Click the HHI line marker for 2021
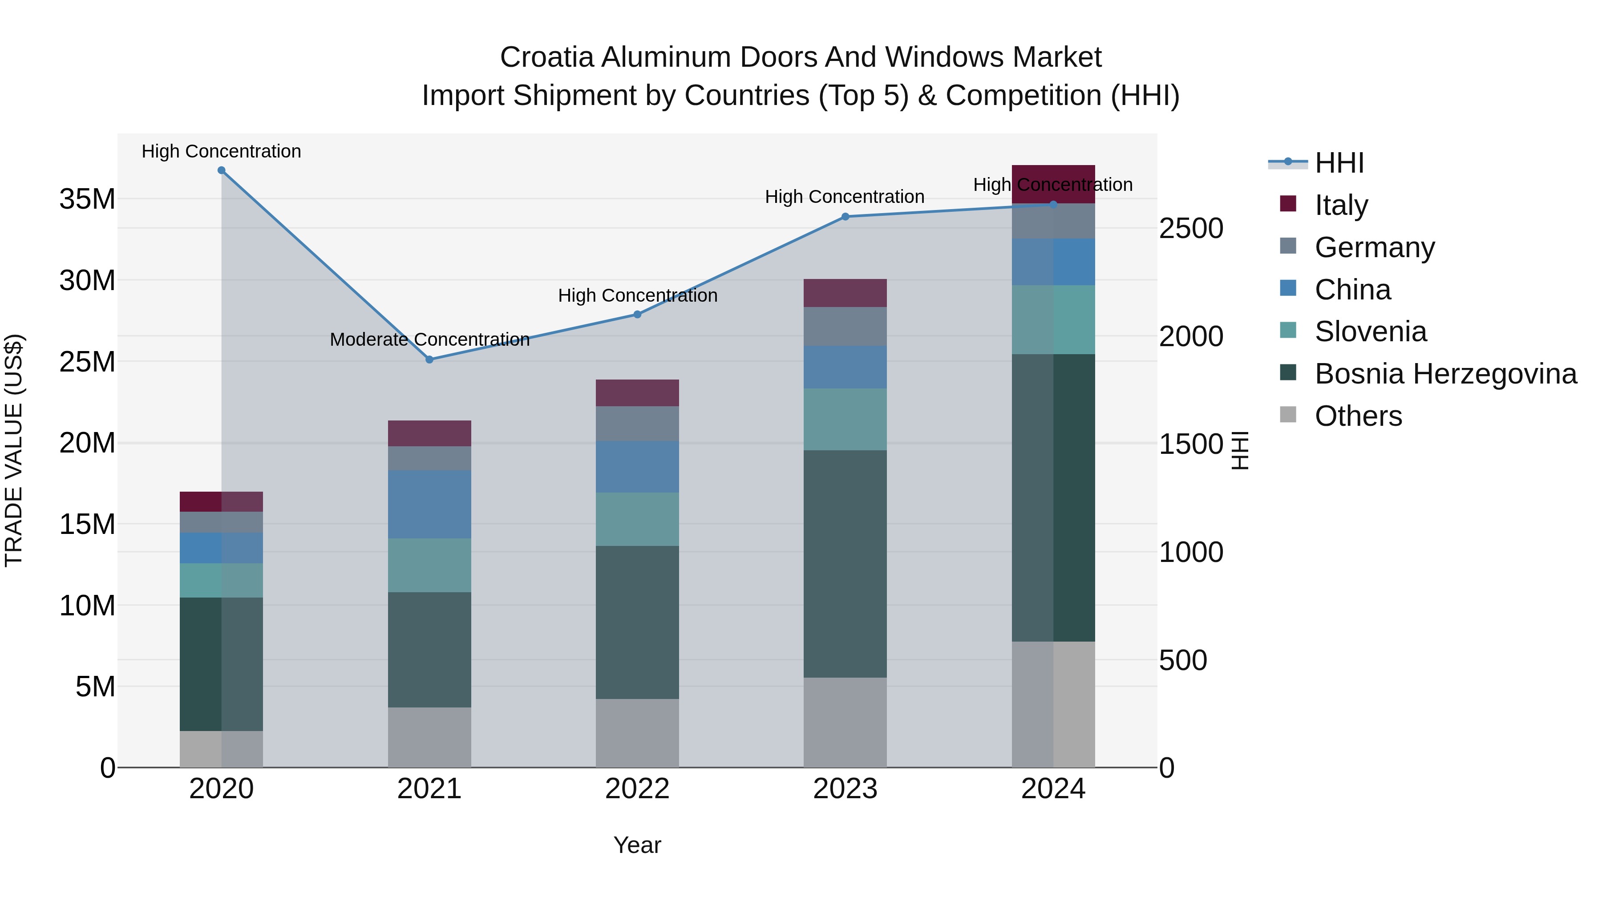point(429,360)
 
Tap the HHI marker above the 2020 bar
point(222,170)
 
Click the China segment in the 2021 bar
point(429,504)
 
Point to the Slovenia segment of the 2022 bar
point(637,519)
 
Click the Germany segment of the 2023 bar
point(845,327)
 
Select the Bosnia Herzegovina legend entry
point(1444,374)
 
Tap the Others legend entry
point(1358,416)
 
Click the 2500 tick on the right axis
point(1191,228)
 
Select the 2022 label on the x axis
point(637,789)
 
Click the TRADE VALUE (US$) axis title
point(14,450)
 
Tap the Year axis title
point(637,845)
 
